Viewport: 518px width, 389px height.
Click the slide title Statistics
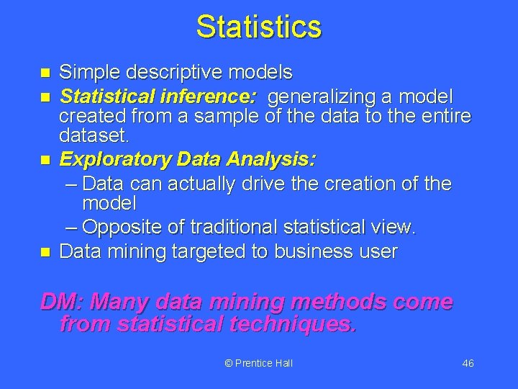click(258, 27)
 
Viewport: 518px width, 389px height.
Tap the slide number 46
click(468, 363)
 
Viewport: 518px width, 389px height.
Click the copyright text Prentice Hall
click(258, 363)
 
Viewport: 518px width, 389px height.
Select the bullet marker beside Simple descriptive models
click(45, 73)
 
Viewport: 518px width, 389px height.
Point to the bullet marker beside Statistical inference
click(45, 96)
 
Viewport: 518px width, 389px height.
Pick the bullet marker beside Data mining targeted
click(45, 252)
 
